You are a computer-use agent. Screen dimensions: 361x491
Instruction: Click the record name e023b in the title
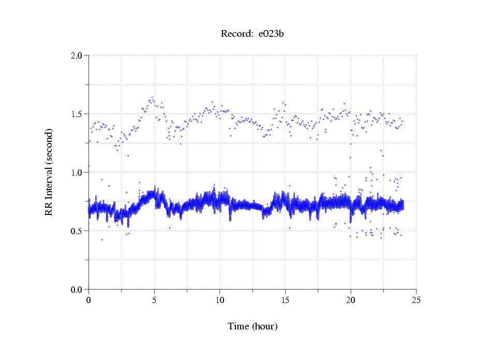tap(271, 34)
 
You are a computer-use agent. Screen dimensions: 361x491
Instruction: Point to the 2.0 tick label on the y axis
tap(78, 55)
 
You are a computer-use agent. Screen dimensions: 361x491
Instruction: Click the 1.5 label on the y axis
tap(78, 113)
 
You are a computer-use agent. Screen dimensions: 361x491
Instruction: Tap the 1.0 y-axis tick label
tap(78, 172)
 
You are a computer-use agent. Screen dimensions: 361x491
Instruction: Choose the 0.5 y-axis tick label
tap(78, 230)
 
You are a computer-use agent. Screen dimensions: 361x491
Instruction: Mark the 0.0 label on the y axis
tap(78, 289)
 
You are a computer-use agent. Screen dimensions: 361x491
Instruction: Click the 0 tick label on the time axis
tap(88, 299)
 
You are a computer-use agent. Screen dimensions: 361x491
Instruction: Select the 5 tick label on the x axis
tap(154, 299)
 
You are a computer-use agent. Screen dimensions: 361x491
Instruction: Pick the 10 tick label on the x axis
tap(219, 299)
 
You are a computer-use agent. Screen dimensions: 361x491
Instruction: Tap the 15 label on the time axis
tap(285, 299)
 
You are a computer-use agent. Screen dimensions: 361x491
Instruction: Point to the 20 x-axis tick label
tap(351, 299)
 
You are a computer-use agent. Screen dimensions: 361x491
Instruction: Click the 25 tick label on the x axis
tap(416, 299)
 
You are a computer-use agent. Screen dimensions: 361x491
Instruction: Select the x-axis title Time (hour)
tap(252, 326)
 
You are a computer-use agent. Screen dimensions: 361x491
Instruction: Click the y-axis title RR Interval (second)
tap(49, 172)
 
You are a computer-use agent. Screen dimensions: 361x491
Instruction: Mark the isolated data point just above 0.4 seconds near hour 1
tap(102, 240)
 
